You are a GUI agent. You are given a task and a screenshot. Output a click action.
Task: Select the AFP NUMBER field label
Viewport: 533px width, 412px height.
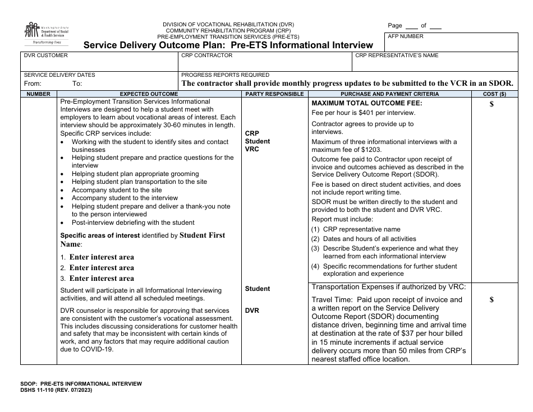tap(406, 36)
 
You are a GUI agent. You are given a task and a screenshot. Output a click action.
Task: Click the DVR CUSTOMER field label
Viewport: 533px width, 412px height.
tap(45, 55)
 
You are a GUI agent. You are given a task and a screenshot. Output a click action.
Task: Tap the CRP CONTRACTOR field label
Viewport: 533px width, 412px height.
tap(206, 55)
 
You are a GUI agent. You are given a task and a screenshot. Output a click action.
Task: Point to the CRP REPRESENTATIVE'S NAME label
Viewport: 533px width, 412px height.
tap(397, 55)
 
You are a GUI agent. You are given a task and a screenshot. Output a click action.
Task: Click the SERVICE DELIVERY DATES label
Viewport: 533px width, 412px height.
tap(59, 75)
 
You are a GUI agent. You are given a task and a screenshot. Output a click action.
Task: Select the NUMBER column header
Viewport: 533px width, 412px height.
tap(38, 94)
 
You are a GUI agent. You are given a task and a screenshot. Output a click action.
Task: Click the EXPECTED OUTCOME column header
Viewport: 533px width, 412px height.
tap(149, 94)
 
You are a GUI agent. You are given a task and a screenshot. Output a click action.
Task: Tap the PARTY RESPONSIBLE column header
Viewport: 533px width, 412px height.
tap(274, 94)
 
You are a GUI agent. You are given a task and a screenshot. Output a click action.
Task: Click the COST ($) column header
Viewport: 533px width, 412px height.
tap(494, 94)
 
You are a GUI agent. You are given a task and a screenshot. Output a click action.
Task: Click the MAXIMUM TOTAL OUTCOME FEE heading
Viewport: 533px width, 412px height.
tap(366, 103)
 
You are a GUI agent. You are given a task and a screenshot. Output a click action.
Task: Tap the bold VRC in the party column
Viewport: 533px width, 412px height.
tap(252, 149)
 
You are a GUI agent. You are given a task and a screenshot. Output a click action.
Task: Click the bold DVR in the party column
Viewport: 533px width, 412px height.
tap(252, 311)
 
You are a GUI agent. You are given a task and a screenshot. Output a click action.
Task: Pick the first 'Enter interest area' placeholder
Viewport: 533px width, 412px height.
tap(102, 257)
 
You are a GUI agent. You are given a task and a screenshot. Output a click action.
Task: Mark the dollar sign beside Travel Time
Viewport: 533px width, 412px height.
tap(491, 300)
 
